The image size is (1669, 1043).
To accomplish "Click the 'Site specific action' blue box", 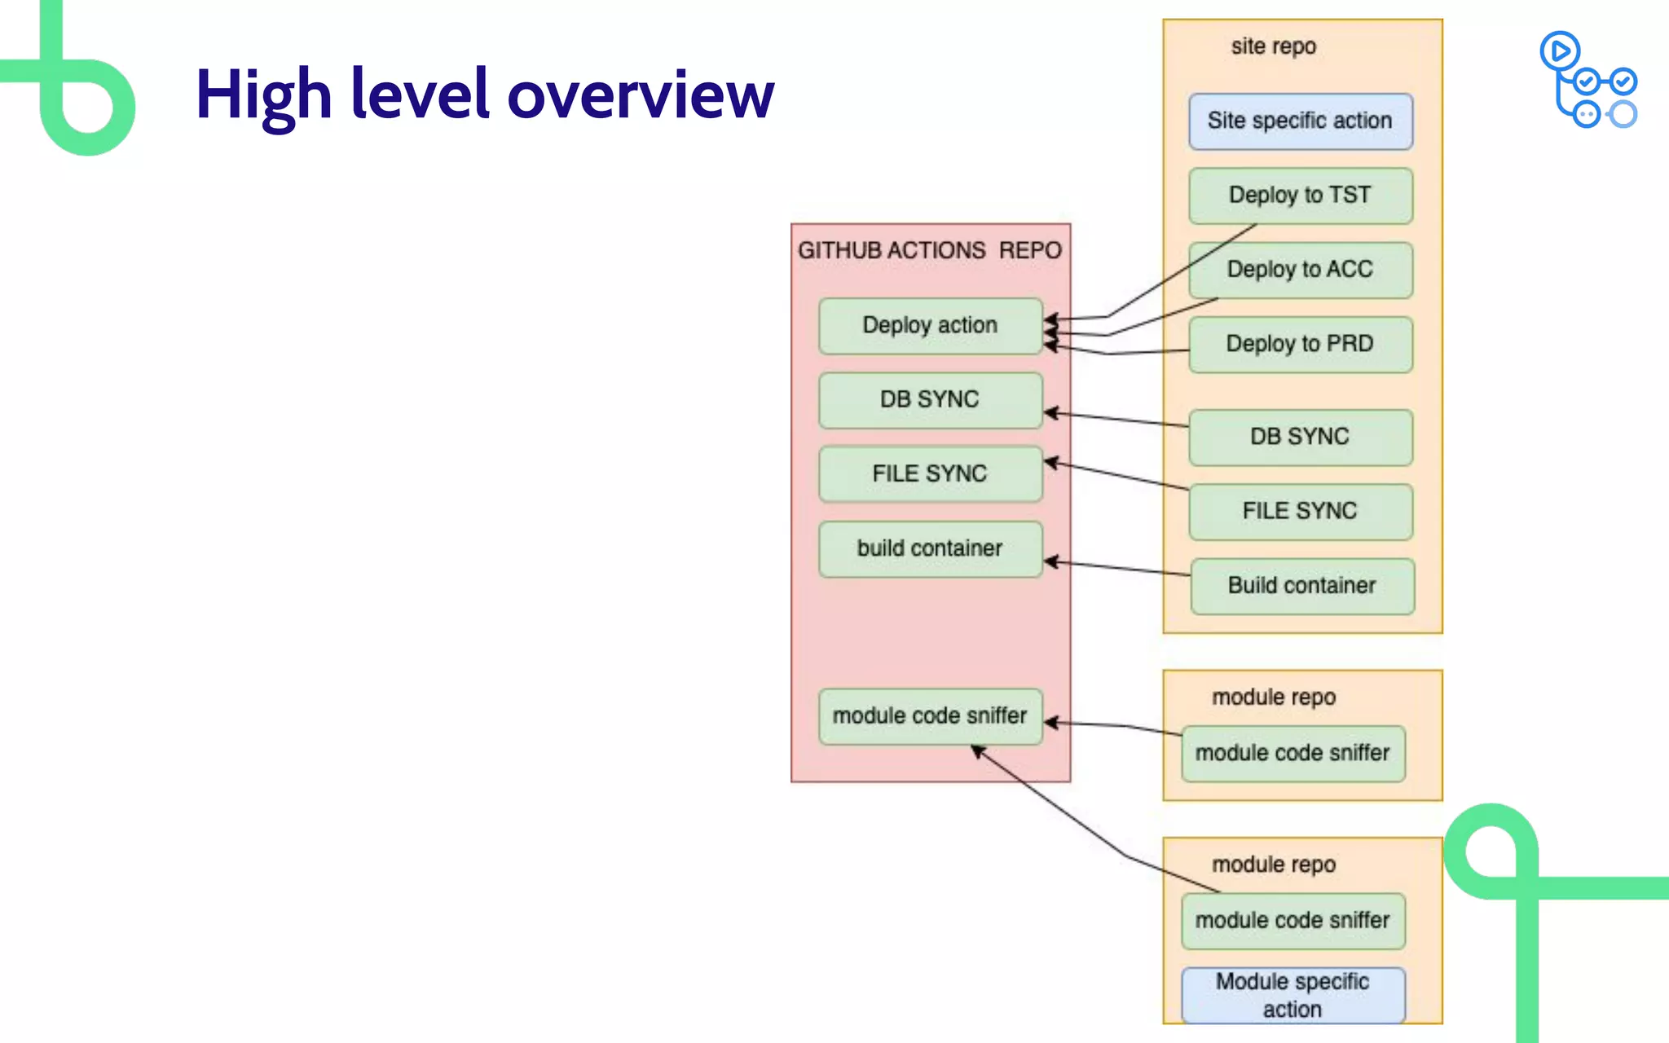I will tap(1300, 121).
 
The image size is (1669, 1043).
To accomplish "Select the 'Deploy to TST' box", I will tap(1300, 196).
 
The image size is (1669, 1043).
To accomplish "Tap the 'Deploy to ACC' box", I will tap(1300, 270).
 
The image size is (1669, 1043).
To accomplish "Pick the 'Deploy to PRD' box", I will tap(1300, 344).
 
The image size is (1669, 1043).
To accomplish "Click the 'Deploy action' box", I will tap(930, 325).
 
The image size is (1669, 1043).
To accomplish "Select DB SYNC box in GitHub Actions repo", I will tap(930, 399).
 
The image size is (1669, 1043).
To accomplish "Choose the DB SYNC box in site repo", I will tap(1300, 437).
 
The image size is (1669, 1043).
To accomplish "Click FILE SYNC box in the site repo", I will tap(1300, 511).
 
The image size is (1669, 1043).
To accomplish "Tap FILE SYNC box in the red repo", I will tap(930, 473).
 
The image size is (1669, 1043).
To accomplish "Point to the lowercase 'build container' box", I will tap(930, 548).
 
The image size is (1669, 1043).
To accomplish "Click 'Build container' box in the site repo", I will tap(1301, 586).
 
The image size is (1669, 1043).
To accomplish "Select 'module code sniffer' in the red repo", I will tap(930, 715).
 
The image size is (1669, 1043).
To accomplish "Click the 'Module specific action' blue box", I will tap(1292, 995).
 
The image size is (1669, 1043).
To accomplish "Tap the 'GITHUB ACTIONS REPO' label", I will tap(930, 250).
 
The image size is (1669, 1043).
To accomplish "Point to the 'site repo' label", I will tap(1273, 46).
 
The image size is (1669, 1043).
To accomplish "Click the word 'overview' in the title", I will tap(641, 95).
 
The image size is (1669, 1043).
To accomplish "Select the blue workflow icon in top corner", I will tap(1588, 80).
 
